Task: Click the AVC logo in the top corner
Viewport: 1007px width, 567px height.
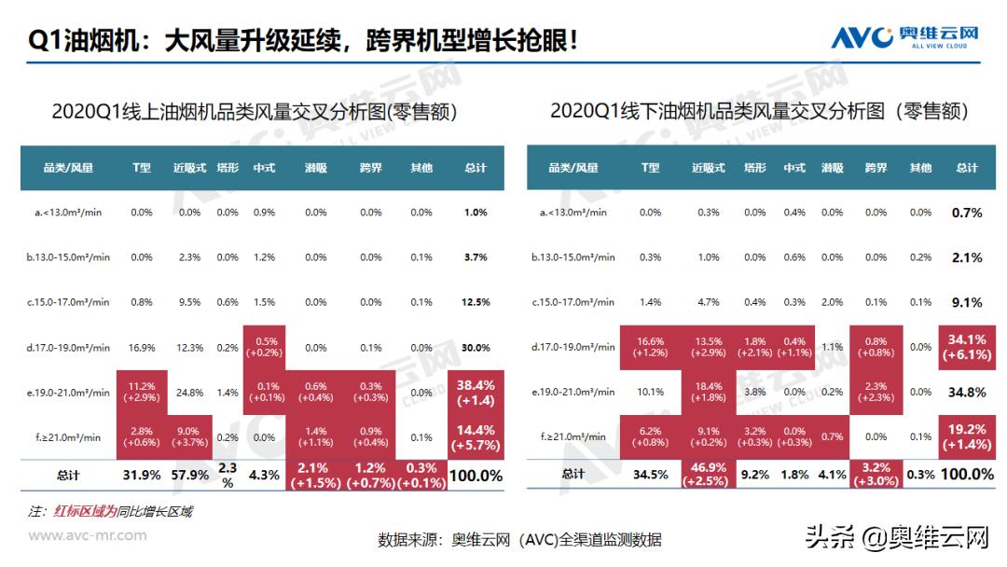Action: [x=904, y=37]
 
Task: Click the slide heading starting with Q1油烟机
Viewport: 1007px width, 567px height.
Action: [x=303, y=40]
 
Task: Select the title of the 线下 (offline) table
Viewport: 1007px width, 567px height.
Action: [x=759, y=111]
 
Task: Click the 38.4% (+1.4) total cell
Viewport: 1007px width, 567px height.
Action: [x=476, y=393]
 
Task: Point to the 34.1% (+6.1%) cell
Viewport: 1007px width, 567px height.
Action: [x=967, y=347]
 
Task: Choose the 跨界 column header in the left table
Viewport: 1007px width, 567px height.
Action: [x=370, y=168]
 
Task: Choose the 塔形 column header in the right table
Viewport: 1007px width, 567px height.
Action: [x=754, y=168]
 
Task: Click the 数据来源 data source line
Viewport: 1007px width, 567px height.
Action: [x=519, y=539]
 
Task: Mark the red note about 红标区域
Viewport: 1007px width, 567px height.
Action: [x=110, y=511]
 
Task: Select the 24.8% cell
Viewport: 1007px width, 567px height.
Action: [x=188, y=393]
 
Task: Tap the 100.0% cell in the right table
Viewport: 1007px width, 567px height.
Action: [x=967, y=475]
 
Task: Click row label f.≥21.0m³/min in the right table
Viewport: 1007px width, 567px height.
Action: [x=573, y=436]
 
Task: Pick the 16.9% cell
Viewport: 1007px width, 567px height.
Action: [x=141, y=347]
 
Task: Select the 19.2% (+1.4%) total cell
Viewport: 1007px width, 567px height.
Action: [x=967, y=436]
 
